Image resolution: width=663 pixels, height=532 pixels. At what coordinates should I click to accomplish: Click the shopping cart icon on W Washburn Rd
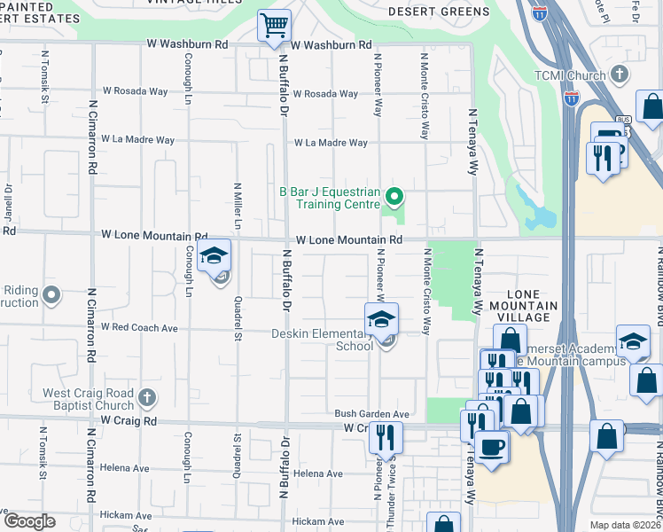275,25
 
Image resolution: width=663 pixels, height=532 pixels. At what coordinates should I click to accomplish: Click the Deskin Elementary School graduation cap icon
381,319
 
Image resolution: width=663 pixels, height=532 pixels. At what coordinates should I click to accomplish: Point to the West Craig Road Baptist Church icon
146,398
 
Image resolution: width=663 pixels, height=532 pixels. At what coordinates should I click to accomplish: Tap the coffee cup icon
491,446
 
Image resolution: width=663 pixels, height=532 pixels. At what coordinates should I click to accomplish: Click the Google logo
28,521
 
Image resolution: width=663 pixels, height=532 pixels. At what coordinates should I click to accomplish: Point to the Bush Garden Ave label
371,414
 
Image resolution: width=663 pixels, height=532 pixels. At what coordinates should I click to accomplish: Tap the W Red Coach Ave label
139,327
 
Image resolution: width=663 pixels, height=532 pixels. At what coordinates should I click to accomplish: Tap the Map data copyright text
625,525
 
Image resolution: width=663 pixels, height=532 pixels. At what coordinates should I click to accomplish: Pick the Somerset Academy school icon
634,342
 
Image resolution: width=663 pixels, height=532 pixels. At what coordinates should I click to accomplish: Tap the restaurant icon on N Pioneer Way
386,437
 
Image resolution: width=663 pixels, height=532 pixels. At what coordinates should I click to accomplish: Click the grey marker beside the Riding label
52,294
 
